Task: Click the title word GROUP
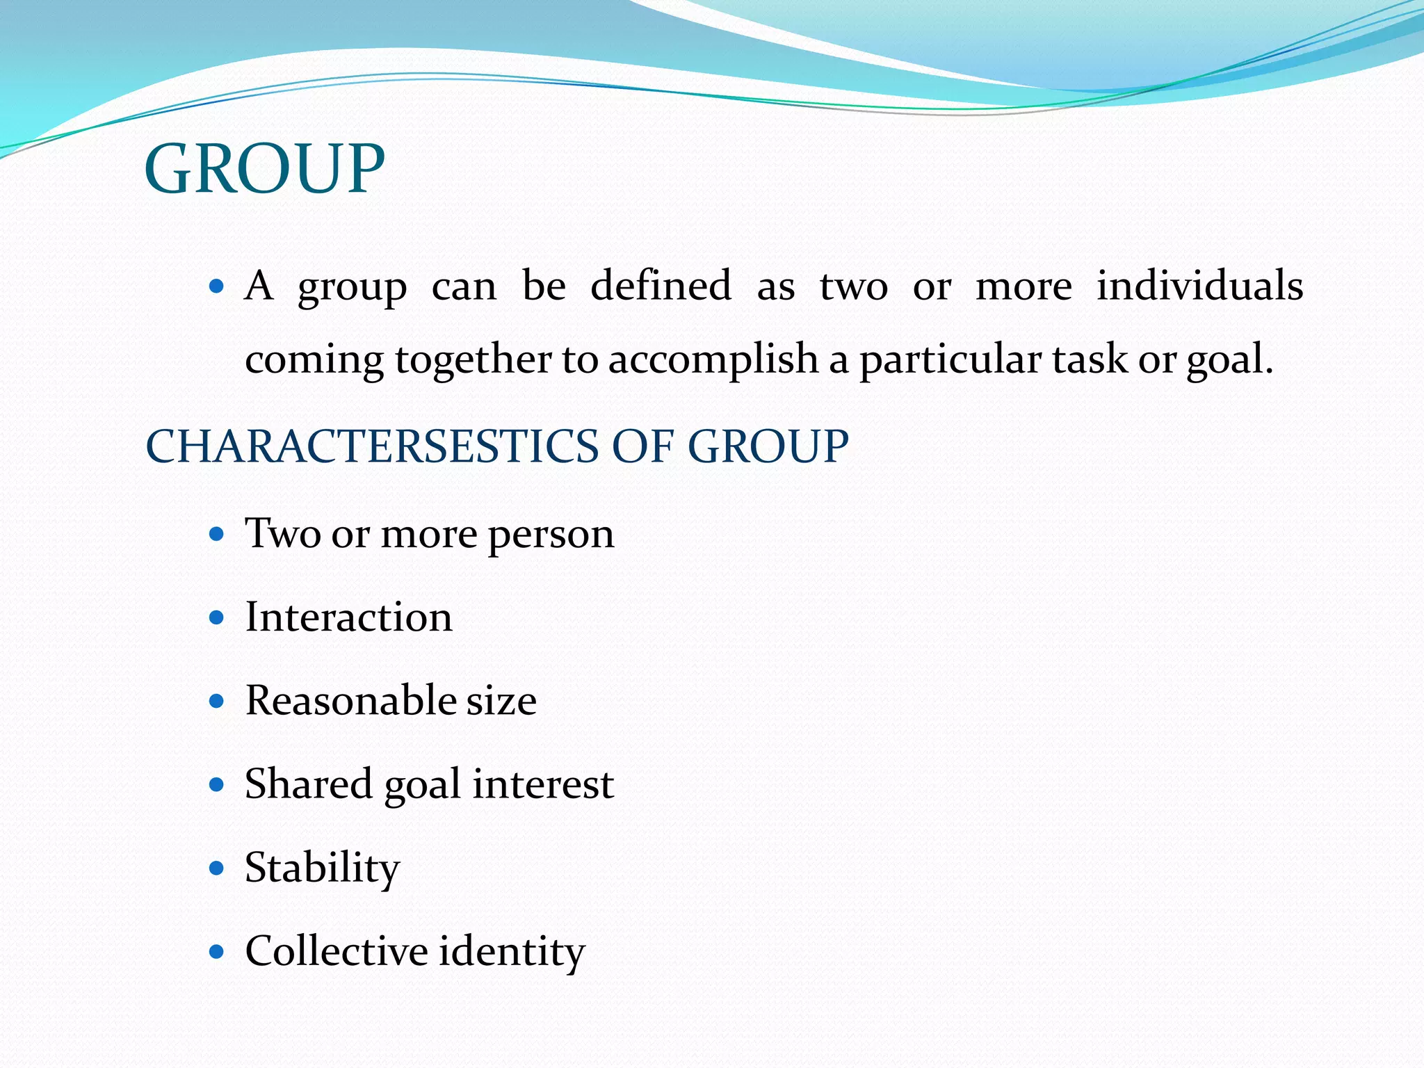click(x=264, y=169)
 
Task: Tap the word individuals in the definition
click(x=1199, y=286)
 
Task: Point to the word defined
click(x=661, y=286)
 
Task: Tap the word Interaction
click(x=349, y=617)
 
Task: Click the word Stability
click(x=323, y=868)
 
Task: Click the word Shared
click(x=309, y=784)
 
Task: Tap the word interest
click(x=543, y=784)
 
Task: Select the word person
click(x=551, y=535)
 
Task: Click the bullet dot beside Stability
click(x=217, y=868)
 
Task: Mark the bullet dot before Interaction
click(x=217, y=617)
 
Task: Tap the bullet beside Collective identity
click(x=217, y=951)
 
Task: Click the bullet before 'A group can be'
click(x=217, y=286)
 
